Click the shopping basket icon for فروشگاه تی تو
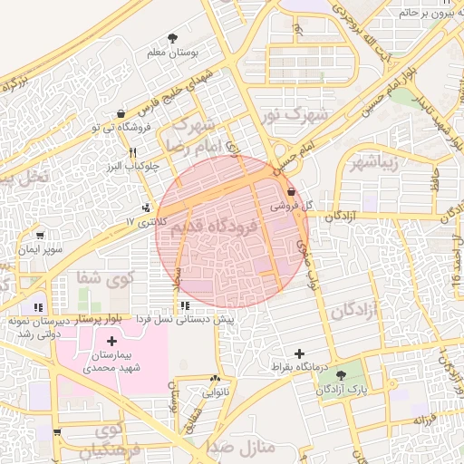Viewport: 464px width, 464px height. click(121, 114)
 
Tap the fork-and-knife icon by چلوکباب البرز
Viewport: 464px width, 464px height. click(133, 152)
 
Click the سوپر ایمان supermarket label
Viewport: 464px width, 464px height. click(40, 247)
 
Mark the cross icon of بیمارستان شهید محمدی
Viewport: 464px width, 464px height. click(111, 342)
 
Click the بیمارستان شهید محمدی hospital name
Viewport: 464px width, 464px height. click(111, 362)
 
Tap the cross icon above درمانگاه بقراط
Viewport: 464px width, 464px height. click(299, 353)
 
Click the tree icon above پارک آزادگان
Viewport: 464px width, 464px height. click(339, 374)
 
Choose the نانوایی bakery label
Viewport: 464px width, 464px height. click(215, 392)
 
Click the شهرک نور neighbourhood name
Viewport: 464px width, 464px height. click(308, 115)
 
